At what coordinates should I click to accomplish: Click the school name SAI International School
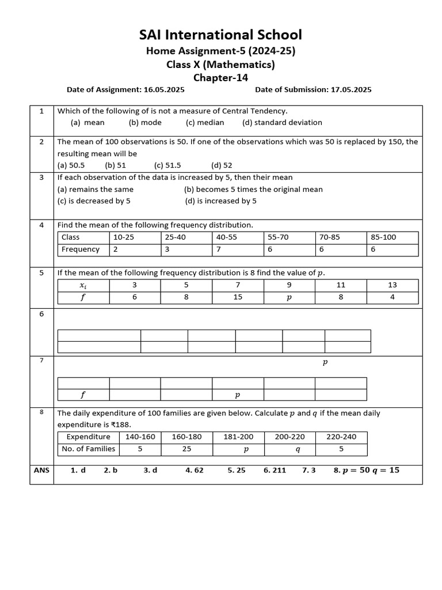point(220,35)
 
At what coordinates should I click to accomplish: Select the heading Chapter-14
point(220,77)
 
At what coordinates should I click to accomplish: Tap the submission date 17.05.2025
point(350,89)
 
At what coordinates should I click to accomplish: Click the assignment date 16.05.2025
point(163,89)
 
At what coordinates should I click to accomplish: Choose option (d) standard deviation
point(282,122)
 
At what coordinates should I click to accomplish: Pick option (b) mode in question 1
point(145,122)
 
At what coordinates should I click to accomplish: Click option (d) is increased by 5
point(220,201)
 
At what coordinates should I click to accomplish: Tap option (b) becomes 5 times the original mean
point(253,189)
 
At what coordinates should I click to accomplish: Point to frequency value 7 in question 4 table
point(219,249)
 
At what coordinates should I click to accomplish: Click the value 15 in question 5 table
point(238,297)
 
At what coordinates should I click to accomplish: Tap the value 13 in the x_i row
point(393,285)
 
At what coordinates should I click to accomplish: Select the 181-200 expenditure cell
point(238,437)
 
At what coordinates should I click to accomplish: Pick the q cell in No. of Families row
point(298,449)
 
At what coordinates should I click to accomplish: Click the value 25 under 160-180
point(186,449)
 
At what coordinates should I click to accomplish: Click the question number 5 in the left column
point(41,273)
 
